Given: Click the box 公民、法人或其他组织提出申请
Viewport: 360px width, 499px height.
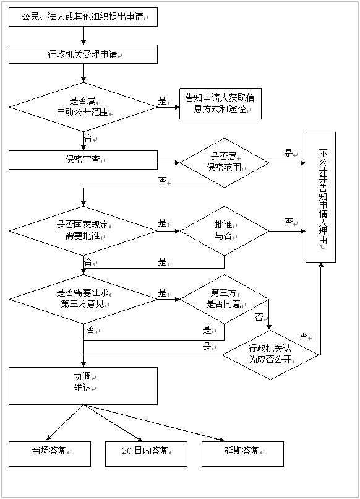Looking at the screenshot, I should [x=83, y=17].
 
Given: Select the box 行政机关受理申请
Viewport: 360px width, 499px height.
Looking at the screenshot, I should [x=83, y=54].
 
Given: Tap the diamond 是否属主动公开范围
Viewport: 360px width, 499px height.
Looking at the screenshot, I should [x=83, y=106].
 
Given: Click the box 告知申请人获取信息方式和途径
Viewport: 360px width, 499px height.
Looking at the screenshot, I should [x=220, y=103].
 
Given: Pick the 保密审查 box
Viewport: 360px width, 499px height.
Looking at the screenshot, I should [x=83, y=160].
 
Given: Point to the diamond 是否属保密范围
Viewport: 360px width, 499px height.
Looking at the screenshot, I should [x=224, y=162].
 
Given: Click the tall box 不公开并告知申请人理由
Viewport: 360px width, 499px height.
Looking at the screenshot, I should [x=320, y=197].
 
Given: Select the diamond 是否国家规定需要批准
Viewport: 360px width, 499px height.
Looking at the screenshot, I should [x=83, y=231].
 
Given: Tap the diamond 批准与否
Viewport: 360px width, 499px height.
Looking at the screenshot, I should [x=224, y=231].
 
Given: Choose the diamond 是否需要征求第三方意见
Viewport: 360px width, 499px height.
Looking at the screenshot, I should [x=83, y=298].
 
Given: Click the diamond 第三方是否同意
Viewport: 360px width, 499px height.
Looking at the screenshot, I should [x=224, y=298].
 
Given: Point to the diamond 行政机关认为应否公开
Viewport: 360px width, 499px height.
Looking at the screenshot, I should [x=270, y=355].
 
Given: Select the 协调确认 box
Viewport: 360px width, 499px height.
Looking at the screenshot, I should [x=83, y=385].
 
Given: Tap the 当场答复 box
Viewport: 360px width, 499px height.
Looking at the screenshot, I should [x=49, y=453].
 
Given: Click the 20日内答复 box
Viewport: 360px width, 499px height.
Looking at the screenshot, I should [x=146, y=453].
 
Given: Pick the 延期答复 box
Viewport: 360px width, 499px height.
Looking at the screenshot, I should [x=242, y=453].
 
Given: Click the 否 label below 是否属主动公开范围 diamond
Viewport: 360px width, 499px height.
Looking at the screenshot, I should [x=90, y=137].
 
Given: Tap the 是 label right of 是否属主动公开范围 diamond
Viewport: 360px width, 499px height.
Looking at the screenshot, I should [x=164, y=100].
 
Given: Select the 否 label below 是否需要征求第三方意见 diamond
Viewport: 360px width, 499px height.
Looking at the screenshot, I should [x=93, y=329].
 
